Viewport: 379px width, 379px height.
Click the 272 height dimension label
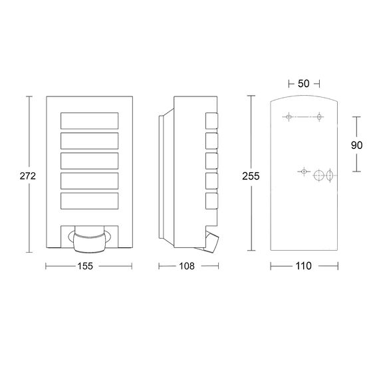point(28,176)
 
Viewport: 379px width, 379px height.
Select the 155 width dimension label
point(85,266)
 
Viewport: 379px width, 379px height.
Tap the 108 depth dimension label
point(187,266)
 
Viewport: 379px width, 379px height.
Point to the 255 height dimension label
point(251,176)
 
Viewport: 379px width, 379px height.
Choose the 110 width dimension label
point(304,266)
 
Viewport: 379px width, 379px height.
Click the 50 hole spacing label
point(304,84)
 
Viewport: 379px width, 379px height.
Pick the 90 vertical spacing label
point(357,145)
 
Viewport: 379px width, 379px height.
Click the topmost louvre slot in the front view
point(90,120)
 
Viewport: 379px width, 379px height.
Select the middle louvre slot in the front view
point(90,161)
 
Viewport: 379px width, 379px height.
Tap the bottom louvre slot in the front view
point(90,201)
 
